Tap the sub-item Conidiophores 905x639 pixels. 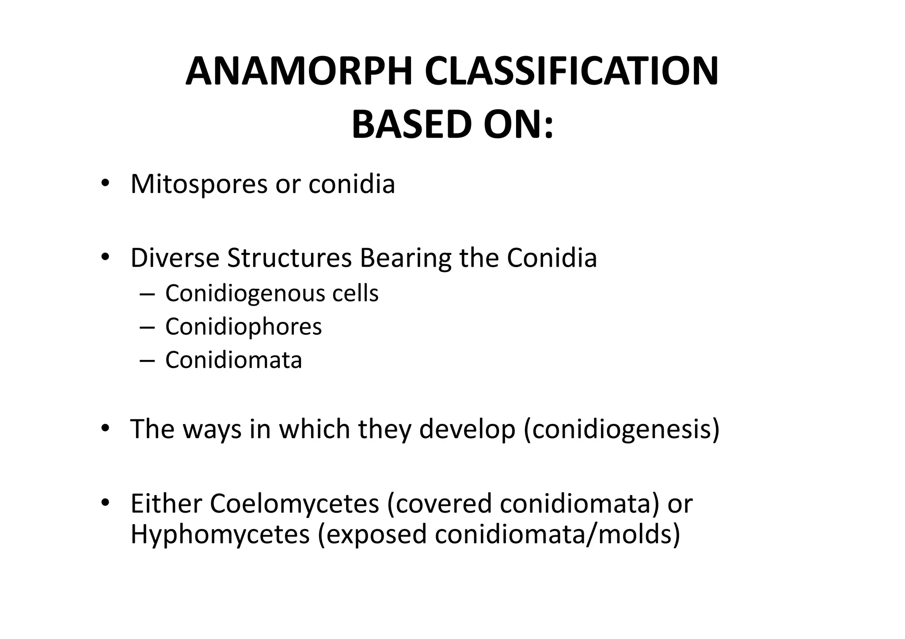(x=243, y=327)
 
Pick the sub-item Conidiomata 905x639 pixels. (x=233, y=360)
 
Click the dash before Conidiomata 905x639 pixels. (x=147, y=361)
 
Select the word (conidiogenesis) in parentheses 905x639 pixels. (x=622, y=429)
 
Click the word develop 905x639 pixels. (x=467, y=429)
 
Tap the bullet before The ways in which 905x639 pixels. (x=104, y=428)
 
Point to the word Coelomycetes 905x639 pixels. (x=294, y=504)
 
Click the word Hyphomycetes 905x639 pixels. (x=220, y=534)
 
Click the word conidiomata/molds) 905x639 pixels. (x=557, y=534)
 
